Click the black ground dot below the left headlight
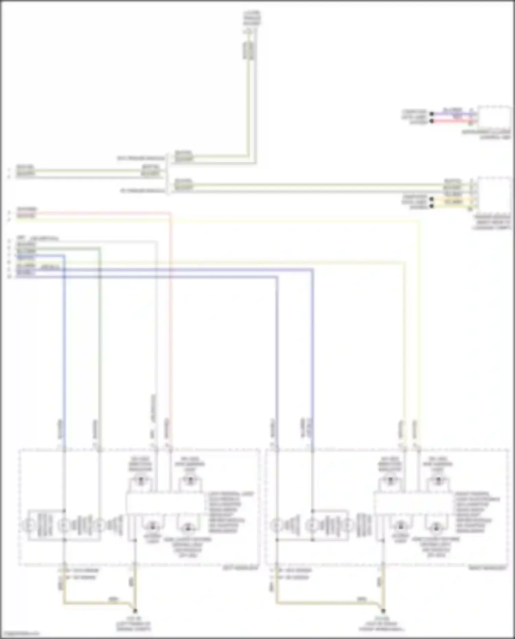click(135, 611)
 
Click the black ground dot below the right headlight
click(383, 611)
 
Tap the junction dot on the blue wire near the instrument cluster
click(432, 114)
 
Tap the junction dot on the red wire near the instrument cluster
click(432, 121)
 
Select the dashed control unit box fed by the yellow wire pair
click(494, 194)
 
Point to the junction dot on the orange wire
click(432, 199)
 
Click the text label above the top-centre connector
click(252, 18)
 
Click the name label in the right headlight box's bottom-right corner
click(492, 568)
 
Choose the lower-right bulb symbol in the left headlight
click(187, 528)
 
